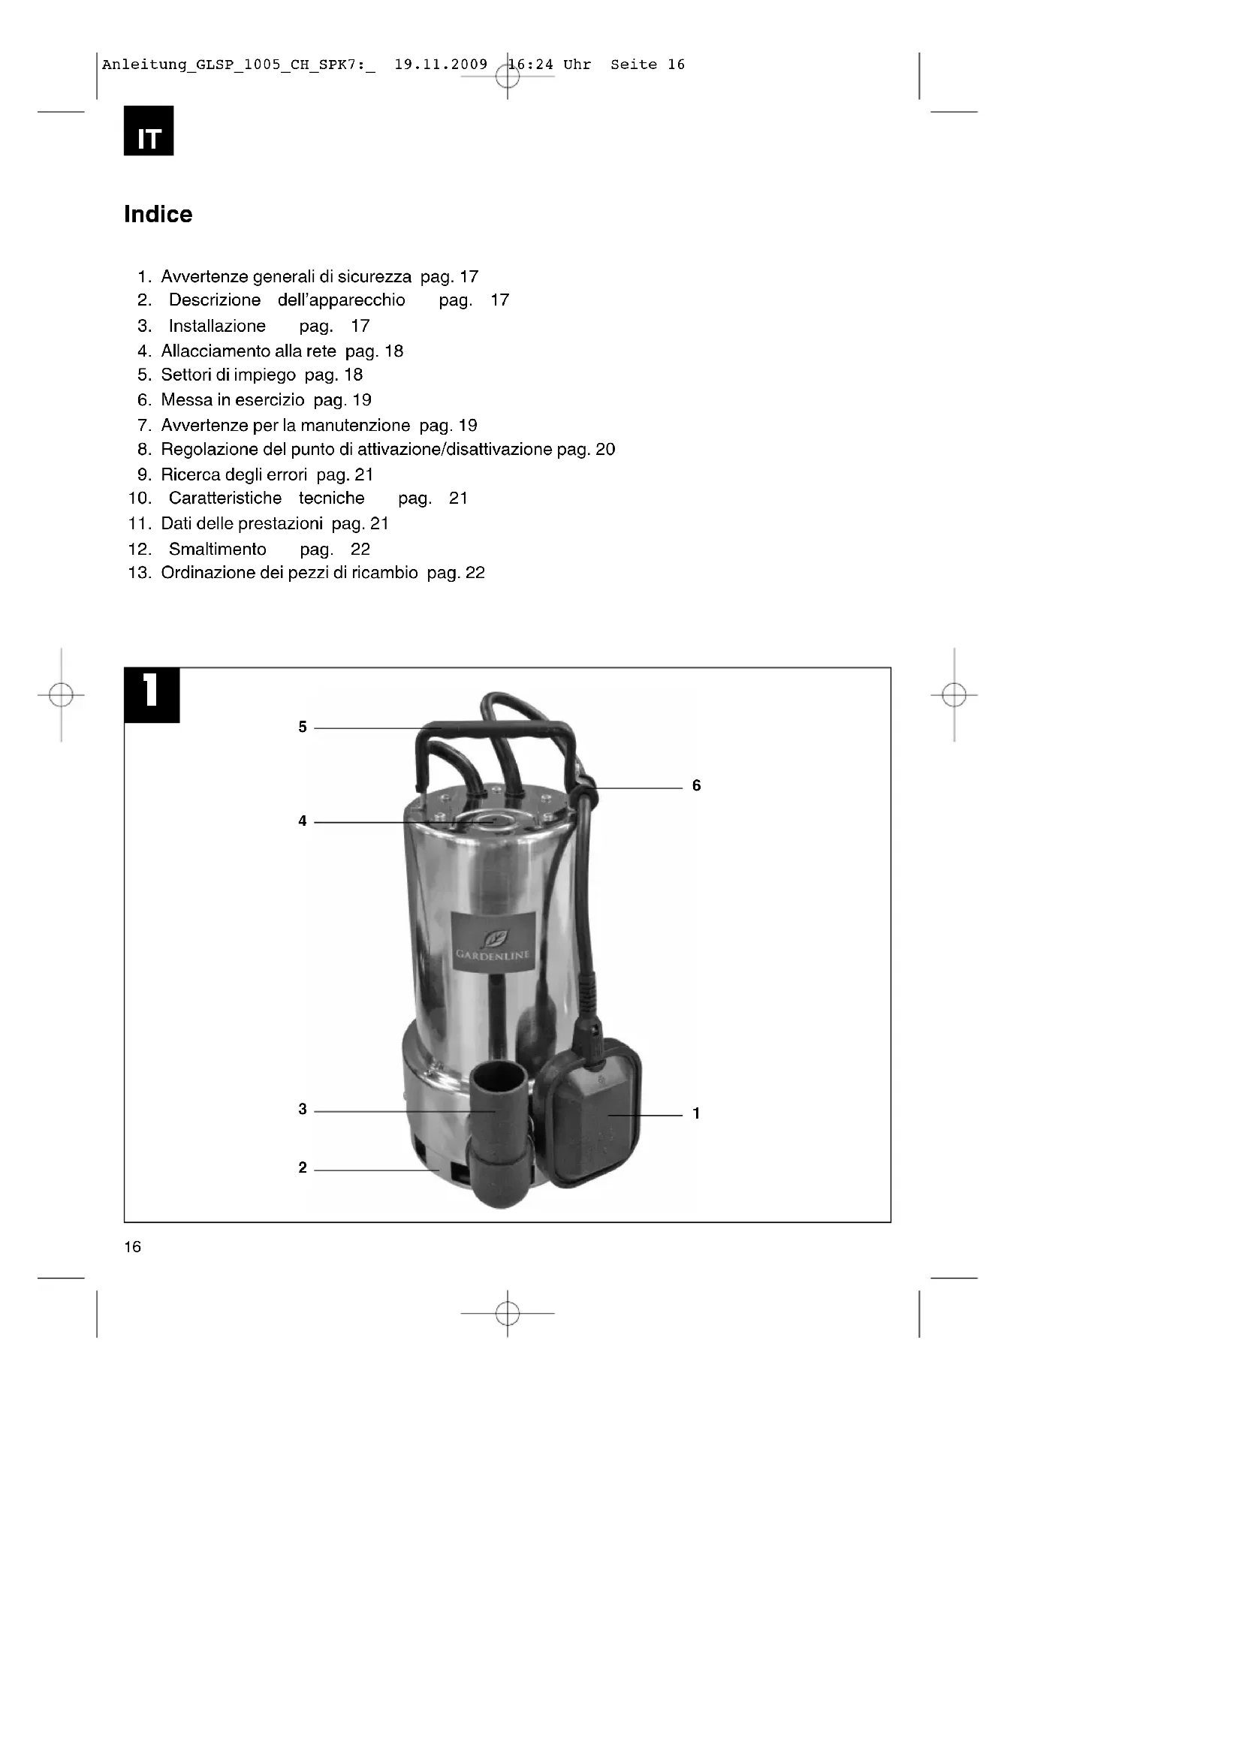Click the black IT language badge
click(x=149, y=131)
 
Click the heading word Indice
click(x=158, y=214)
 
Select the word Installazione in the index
click(x=217, y=326)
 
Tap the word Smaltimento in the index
click(x=217, y=549)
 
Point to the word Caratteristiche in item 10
click(x=225, y=498)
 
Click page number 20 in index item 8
click(x=605, y=449)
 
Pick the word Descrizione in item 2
click(x=214, y=300)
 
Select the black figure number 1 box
click(x=152, y=694)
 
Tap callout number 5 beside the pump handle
click(x=303, y=727)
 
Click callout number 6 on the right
click(x=696, y=785)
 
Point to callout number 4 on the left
click(x=303, y=821)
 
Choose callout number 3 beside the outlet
click(x=303, y=1109)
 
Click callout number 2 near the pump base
click(x=303, y=1168)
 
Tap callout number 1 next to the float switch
click(x=696, y=1113)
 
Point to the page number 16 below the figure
click(x=132, y=1248)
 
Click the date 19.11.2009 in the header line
click(x=441, y=65)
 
